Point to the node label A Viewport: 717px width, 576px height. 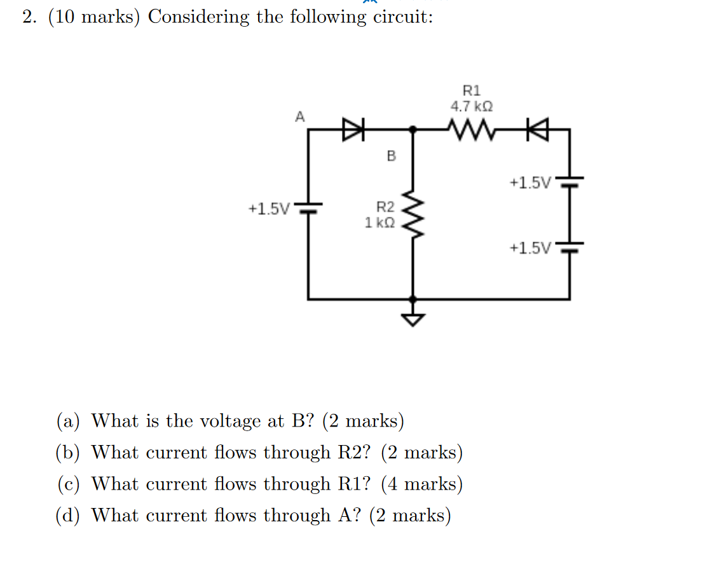299,116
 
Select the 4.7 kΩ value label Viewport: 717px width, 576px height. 472,106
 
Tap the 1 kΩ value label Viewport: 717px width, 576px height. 379,223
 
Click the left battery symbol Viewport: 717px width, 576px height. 309,208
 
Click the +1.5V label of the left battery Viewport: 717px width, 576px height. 270,209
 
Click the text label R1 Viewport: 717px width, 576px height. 472,90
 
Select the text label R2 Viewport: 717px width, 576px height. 386,207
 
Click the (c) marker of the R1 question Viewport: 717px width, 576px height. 68,484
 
